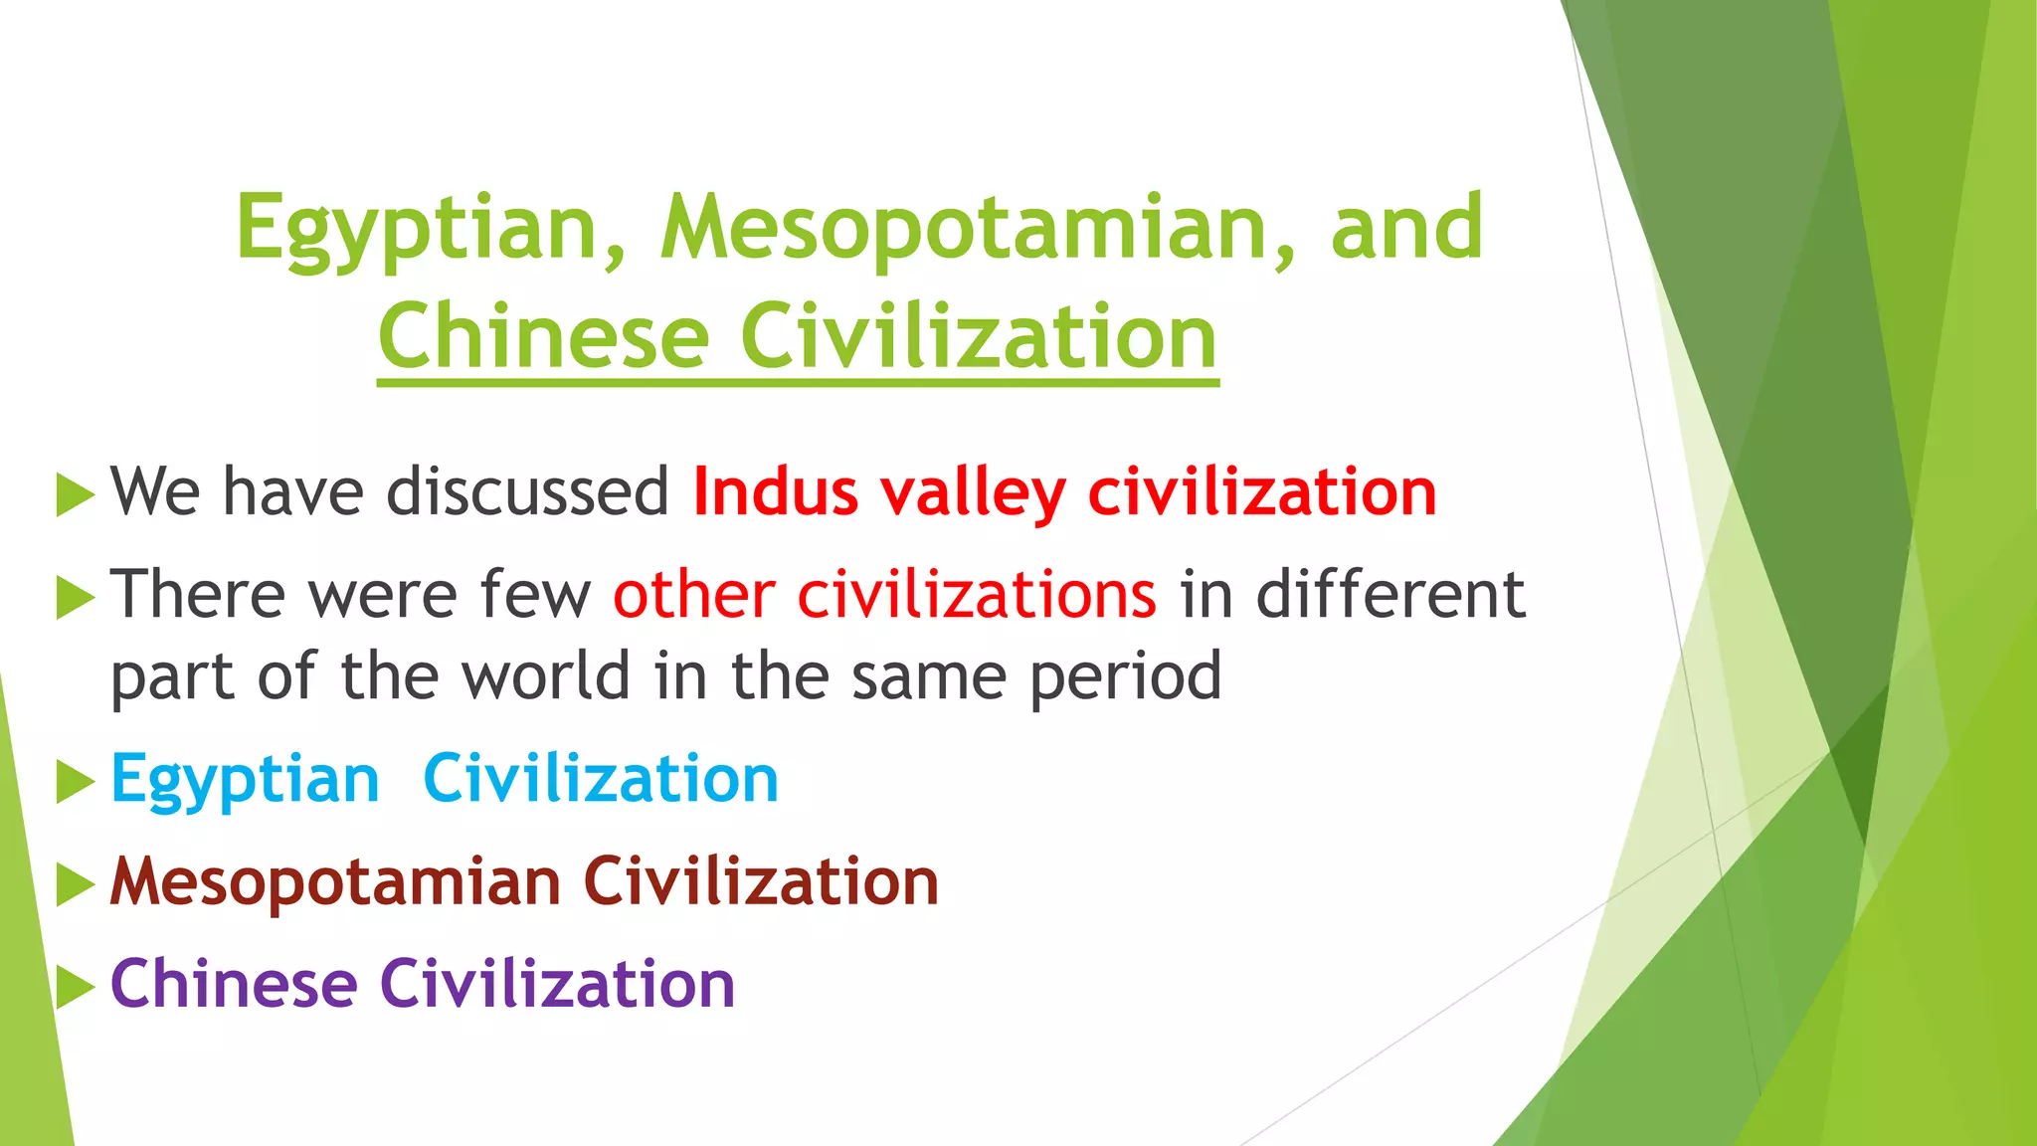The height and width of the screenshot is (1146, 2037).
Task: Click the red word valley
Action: click(973, 493)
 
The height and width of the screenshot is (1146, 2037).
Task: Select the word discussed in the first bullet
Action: click(528, 491)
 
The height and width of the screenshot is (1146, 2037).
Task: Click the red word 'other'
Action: click(693, 595)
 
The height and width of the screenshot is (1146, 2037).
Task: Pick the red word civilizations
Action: click(977, 595)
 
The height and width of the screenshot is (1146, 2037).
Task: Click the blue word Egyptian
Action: click(245, 780)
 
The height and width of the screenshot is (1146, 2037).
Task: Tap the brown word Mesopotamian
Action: click(335, 882)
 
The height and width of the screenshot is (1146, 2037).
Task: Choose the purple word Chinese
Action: click(234, 984)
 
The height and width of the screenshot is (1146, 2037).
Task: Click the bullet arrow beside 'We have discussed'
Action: click(75, 494)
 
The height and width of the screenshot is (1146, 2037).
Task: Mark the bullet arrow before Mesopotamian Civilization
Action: click(75, 884)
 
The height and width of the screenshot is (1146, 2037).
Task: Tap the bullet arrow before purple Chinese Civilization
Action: click(75, 986)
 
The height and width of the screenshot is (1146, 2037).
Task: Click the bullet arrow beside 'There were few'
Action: click(75, 597)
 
